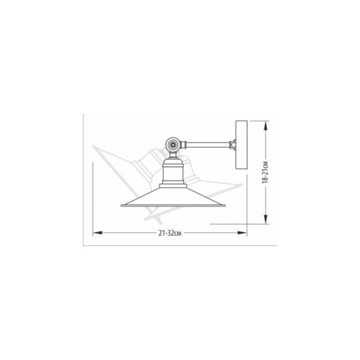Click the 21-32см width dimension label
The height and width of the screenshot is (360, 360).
click(x=170, y=233)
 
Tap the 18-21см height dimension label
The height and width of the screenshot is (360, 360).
click(x=265, y=172)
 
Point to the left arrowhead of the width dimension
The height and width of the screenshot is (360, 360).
click(x=98, y=233)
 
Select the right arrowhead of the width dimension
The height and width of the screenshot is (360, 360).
click(x=242, y=233)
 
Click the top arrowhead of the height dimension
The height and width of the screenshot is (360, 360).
click(x=265, y=126)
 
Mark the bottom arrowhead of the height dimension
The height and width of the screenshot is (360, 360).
click(x=265, y=219)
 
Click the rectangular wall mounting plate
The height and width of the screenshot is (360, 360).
click(x=242, y=145)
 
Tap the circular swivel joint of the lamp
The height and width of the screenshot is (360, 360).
click(x=173, y=144)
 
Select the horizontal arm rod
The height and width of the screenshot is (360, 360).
click(x=208, y=144)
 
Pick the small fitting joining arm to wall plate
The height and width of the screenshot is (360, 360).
click(x=233, y=144)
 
